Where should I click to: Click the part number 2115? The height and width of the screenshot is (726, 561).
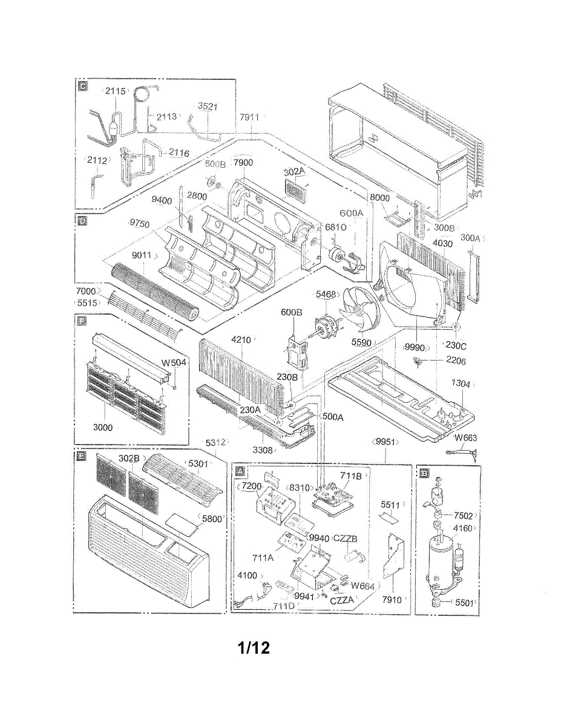[115, 91]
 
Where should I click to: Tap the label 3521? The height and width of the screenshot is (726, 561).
[208, 106]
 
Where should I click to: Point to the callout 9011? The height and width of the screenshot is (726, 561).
[143, 255]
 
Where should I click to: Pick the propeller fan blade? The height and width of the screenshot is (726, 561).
[361, 310]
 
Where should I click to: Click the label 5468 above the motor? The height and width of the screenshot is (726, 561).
[326, 295]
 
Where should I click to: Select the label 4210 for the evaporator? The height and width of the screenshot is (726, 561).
[241, 340]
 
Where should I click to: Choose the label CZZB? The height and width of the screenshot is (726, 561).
[346, 538]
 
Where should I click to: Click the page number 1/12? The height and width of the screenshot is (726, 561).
[254, 648]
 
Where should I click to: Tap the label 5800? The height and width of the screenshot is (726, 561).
[212, 519]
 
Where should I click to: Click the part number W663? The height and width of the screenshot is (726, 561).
[465, 438]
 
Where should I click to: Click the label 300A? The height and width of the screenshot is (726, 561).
[470, 238]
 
